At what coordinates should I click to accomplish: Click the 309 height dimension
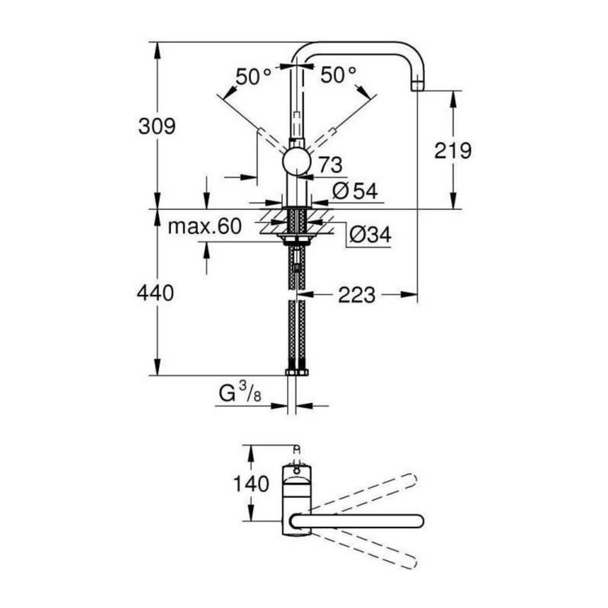[157, 126]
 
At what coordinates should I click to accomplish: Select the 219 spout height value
[452, 150]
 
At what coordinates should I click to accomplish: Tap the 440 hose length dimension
[156, 293]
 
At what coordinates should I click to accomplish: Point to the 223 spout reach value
[357, 294]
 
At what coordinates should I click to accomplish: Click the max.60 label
[205, 226]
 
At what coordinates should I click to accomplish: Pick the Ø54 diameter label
[355, 191]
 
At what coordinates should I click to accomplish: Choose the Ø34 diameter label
[370, 234]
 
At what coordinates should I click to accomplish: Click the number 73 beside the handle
[330, 165]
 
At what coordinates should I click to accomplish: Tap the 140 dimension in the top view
[251, 484]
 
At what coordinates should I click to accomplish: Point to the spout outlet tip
[416, 86]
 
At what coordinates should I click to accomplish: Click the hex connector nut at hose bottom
[296, 372]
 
